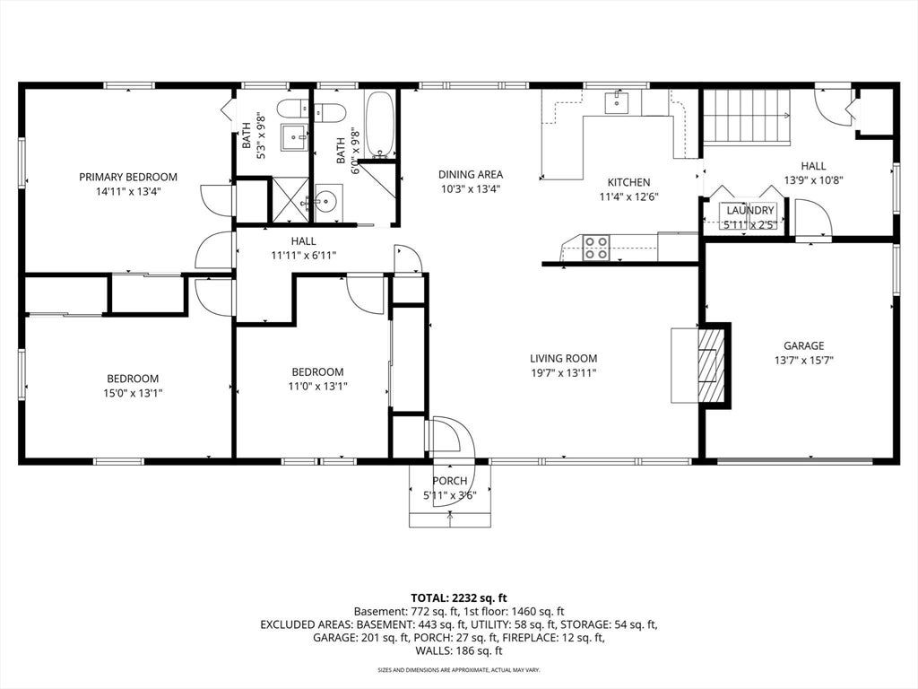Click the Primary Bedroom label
(128, 177)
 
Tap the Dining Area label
(471, 175)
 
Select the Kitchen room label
(628, 182)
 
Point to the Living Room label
(563, 359)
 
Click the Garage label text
(804, 345)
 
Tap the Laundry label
(750, 210)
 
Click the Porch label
(450, 481)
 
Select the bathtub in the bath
(380, 125)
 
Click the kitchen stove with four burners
(596, 248)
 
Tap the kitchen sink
(617, 102)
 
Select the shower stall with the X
(290, 199)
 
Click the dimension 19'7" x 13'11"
(563, 373)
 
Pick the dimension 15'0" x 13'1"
(133, 393)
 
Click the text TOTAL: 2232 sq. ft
(458, 598)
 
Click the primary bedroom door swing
(217, 200)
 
